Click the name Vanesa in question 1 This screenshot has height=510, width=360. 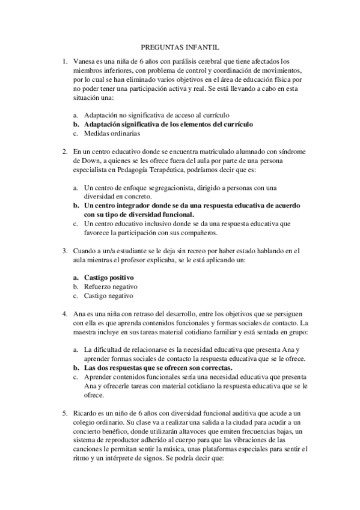pyautogui.click(x=83, y=61)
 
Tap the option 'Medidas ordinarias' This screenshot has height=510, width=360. pyautogui.click(x=112, y=134)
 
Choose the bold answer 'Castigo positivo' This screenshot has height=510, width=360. pyautogui.click(x=109, y=277)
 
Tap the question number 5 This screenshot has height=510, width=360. pyautogui.click(x=65, y=414)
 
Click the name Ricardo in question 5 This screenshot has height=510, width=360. pyautogui.click(x=84, y=414)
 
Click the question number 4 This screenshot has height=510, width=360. pyautogui.click(x=65, y=314)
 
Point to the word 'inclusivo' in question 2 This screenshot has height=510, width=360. pyautogui.click(x=150, y=223)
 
